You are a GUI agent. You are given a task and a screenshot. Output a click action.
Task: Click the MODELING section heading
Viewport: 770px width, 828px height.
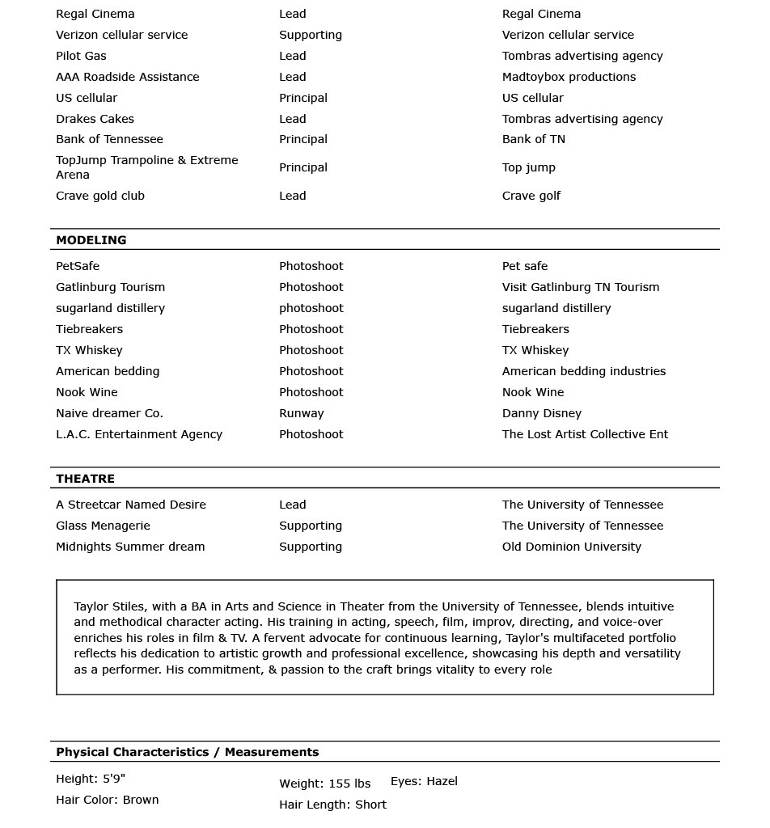click(91, 240)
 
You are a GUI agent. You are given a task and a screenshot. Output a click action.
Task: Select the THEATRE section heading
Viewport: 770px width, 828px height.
click(85, 479)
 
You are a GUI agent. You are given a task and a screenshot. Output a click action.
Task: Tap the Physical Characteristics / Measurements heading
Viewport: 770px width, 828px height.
click(187, 752)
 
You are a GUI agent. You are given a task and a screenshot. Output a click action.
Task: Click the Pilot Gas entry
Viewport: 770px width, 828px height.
click(81, 56)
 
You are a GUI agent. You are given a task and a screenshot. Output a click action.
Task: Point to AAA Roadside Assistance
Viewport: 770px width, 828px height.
click(127, 77)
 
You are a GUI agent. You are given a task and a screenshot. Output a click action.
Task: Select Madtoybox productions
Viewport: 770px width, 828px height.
click(569, 77)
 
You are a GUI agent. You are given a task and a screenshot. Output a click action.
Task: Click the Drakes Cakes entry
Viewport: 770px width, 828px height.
click(95, 119)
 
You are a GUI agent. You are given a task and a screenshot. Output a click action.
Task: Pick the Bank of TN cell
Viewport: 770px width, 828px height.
click(533, 139)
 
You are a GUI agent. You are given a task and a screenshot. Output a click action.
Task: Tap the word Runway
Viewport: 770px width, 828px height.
click(301, 413)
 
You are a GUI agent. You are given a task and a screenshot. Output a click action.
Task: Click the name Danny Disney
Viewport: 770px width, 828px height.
click(541, 413)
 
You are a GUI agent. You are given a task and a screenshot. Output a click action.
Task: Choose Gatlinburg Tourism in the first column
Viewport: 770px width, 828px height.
click(110, 287)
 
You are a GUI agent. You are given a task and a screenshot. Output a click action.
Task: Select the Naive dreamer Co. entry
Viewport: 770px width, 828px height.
click(109, 413)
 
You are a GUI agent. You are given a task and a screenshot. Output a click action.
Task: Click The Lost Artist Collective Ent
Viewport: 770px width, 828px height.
click(585, 434)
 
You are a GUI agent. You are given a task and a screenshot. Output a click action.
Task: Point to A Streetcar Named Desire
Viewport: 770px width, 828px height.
click(130, 505)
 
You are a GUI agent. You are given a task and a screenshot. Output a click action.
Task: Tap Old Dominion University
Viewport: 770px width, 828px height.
click(571, 547)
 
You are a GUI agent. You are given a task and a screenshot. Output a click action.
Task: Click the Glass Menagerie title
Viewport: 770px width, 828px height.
click(103, 526)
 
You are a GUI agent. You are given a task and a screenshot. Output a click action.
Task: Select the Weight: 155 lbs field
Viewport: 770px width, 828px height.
click(324, 784)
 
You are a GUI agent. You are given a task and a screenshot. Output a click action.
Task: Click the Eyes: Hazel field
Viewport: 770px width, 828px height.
click(424, 781)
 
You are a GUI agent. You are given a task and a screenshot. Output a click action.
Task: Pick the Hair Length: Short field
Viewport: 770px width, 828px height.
click(332, 805)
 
